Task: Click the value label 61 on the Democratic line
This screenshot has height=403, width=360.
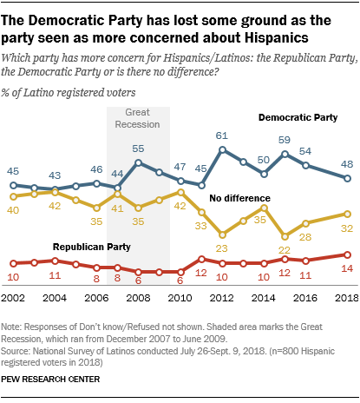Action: coord(221,136)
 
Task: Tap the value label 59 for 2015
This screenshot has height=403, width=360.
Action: coord(283,139)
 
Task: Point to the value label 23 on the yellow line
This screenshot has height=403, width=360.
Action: coord(221,248)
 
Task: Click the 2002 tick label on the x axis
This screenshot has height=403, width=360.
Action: coord(13,297)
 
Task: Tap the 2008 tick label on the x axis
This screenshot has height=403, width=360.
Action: coord(138,297)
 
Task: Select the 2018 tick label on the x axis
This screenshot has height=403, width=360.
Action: coord(345,297)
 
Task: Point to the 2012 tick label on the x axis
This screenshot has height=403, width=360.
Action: coord(221,297)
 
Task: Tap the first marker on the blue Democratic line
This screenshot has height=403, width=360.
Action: coord(13,185)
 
